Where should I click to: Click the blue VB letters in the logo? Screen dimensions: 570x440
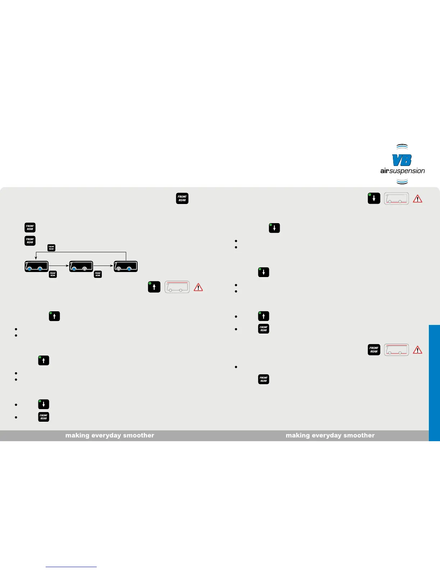[402, 160]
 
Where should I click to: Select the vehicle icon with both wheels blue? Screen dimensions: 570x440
[36, 267]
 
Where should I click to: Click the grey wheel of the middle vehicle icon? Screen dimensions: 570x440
[84, 269]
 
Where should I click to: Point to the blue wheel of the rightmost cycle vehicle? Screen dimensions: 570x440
[129, 269]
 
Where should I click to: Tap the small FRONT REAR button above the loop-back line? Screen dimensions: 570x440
[51, 248]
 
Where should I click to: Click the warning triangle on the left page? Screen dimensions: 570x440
[198, 288]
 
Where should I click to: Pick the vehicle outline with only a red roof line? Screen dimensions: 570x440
[177, 287]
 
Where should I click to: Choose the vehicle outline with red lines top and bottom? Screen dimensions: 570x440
[396, 350]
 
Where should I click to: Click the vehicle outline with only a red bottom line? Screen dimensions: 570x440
[396, 199]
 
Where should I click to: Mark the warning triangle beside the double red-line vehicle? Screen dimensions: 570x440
[417, 350]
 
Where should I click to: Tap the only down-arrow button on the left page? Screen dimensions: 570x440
[43, 404]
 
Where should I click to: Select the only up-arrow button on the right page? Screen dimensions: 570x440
[263, 316]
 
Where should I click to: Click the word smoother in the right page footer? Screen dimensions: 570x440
[359, 435]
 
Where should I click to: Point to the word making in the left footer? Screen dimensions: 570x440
[77, 435]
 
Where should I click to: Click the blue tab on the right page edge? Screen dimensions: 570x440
[434, 383]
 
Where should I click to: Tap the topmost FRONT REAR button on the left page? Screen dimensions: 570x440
[182, 199]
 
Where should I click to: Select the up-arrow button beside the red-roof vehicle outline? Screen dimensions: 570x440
[154, 287]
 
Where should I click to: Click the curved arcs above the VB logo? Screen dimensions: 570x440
[402, 146]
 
